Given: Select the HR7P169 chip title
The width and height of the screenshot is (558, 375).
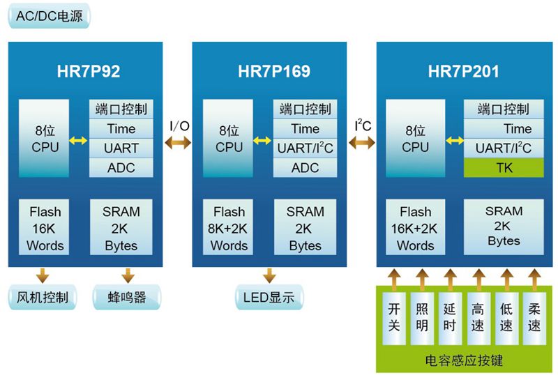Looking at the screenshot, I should coord(273,71).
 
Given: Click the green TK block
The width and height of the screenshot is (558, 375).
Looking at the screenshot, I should coord(504,168).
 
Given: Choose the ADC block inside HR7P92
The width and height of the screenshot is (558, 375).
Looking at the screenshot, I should coord(121,168).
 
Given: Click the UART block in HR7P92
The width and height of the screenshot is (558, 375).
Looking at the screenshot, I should coord(121,148).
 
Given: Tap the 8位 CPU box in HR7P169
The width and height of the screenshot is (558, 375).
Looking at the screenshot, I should coord(228,139).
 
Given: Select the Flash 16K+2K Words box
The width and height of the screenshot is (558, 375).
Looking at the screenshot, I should coord(415,229).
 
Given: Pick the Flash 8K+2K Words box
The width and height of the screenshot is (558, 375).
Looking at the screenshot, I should coord(229,229).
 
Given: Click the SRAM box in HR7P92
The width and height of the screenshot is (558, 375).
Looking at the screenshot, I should coord(121,229).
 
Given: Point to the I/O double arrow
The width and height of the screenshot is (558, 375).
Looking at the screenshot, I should coord(179,142).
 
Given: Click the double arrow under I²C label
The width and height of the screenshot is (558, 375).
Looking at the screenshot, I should coord(362,143).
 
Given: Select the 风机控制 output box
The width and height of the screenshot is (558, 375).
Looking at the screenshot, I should coord(43,298).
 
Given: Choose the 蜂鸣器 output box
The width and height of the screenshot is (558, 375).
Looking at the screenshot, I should coord(129,298).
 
